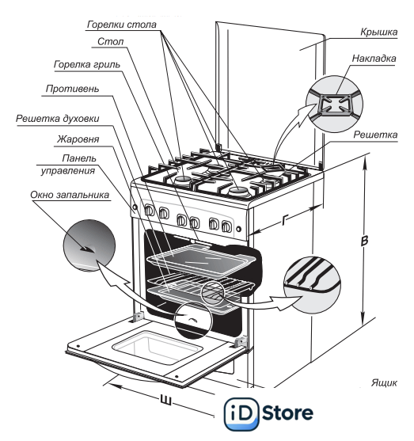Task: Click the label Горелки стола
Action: coord(121,25)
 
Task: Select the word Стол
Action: coord(110,42)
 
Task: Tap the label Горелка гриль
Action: coord(87,65)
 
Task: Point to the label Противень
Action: coord(72,89)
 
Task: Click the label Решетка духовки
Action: coord(57,119)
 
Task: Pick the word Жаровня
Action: coord(78,139)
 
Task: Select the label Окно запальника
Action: coord(70,195)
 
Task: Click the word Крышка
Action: coord(379,32)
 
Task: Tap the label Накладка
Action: coord(374,59)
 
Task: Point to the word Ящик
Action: coord(384,382)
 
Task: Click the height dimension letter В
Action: coord(364,241)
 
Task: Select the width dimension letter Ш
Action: coord(166,401)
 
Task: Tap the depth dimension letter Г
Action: coord(285,220)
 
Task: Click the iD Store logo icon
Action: coord(241,413)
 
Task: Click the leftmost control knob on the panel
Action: coord(150,210)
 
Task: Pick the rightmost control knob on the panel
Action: coord(226,226)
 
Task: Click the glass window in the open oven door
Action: coord(158,348)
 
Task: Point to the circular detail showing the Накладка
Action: coord(334,104)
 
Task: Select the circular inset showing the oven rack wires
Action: coord(312,284)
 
